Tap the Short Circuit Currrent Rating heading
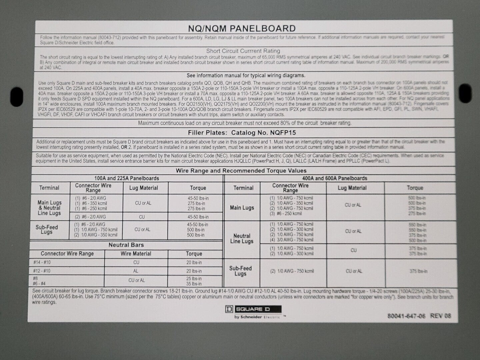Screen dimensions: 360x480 (243, 51)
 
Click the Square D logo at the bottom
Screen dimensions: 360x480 (253, 309)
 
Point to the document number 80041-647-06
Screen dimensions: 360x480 (406, 316)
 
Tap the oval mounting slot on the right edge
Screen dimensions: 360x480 (464, 91)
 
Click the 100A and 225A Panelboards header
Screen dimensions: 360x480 (127, 178)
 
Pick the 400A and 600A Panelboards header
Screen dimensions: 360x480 (335, 178)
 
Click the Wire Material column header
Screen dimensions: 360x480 (136, 254)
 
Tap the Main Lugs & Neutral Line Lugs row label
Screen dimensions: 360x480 (49, 208)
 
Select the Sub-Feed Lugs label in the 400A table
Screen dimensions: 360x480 (240, 271)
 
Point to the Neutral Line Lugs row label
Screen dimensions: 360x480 (242, 239)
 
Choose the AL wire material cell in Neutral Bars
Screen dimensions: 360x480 (136, 271)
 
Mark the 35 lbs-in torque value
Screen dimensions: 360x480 (194, 284)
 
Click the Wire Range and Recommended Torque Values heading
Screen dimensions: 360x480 (241, 171)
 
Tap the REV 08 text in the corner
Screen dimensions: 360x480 (441, 316)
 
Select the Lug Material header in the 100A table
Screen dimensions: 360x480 (143, 188)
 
